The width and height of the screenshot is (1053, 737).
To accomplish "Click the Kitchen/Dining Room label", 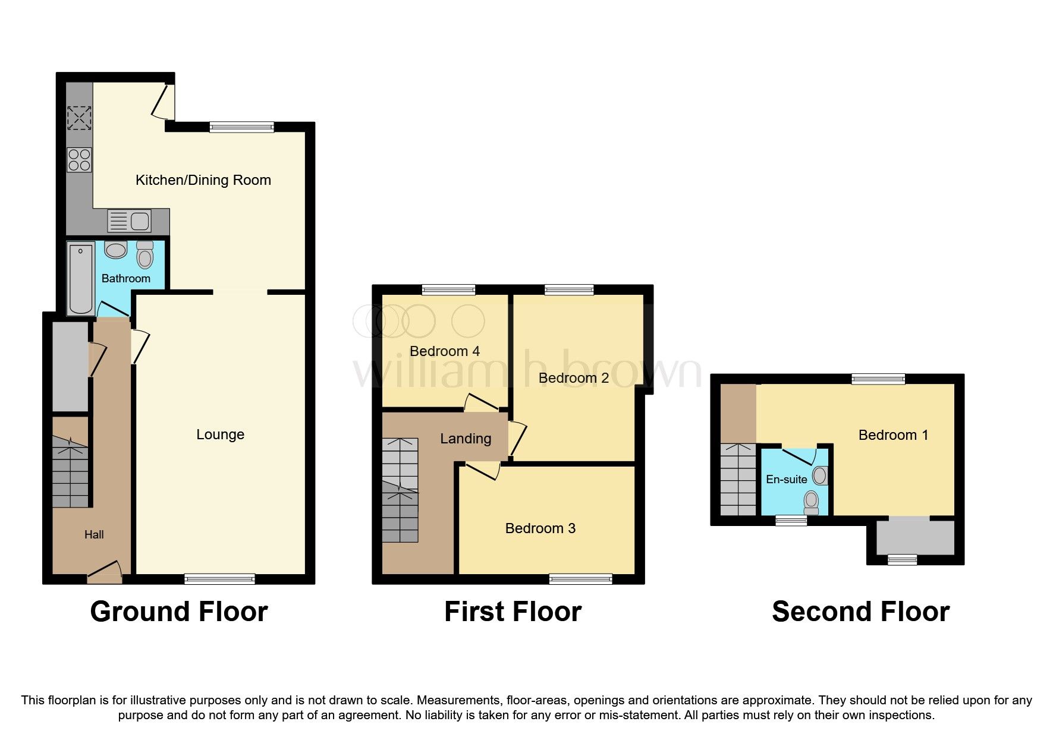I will [203, 180].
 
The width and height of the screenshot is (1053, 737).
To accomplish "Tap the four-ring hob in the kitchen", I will [79, 159].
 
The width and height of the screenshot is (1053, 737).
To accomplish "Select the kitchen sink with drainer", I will [130, 221].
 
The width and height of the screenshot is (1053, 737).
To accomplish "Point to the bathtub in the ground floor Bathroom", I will [80, 278].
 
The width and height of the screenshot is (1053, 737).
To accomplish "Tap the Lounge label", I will [220, 434].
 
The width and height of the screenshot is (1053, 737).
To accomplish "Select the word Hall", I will [94, 534].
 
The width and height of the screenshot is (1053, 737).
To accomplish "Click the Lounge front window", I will [219, 578].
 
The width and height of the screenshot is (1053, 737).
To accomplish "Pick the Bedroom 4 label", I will [444, 351].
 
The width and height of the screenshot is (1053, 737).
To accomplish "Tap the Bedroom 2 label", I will [573, 378].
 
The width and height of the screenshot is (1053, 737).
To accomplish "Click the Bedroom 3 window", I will [580, 578].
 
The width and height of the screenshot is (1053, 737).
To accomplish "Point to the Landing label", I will [466, 439].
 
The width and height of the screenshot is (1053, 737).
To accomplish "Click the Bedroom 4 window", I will [448, 289].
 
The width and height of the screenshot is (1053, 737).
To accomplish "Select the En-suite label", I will [786, 479].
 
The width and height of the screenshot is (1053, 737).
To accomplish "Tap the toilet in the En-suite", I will [811, 502].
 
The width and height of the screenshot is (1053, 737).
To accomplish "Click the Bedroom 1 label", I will [893, 435].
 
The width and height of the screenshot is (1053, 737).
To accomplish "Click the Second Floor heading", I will [860, 612].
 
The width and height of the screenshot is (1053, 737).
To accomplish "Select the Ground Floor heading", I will [179, 612].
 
